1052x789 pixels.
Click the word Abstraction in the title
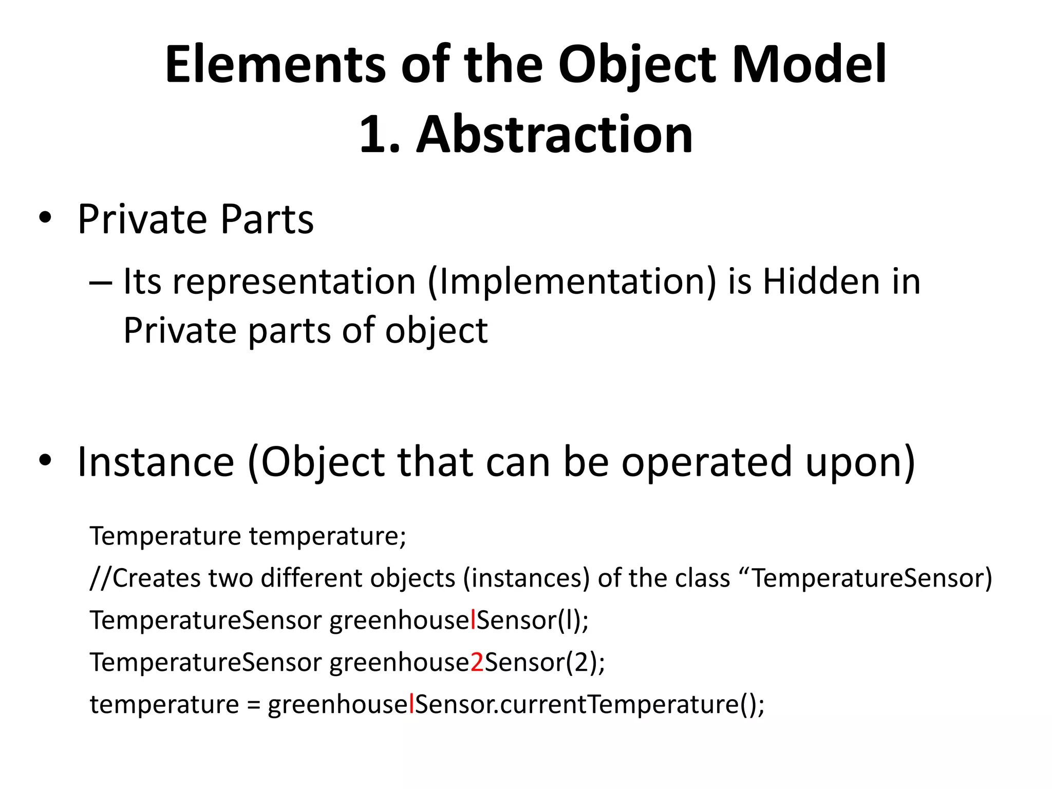click(554, 135)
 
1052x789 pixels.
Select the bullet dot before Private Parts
click(45, 218)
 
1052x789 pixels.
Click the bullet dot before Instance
click(45, 460)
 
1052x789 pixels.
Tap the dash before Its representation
click(100, 283)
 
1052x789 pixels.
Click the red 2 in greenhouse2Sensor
click(477, 662)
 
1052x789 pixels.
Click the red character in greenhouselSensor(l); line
click(473, 620)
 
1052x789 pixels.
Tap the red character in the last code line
click(411, 704)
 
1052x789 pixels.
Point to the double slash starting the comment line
click(101, 578)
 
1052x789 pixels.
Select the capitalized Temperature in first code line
click(165, 536)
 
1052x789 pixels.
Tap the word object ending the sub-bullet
click(436, 331)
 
